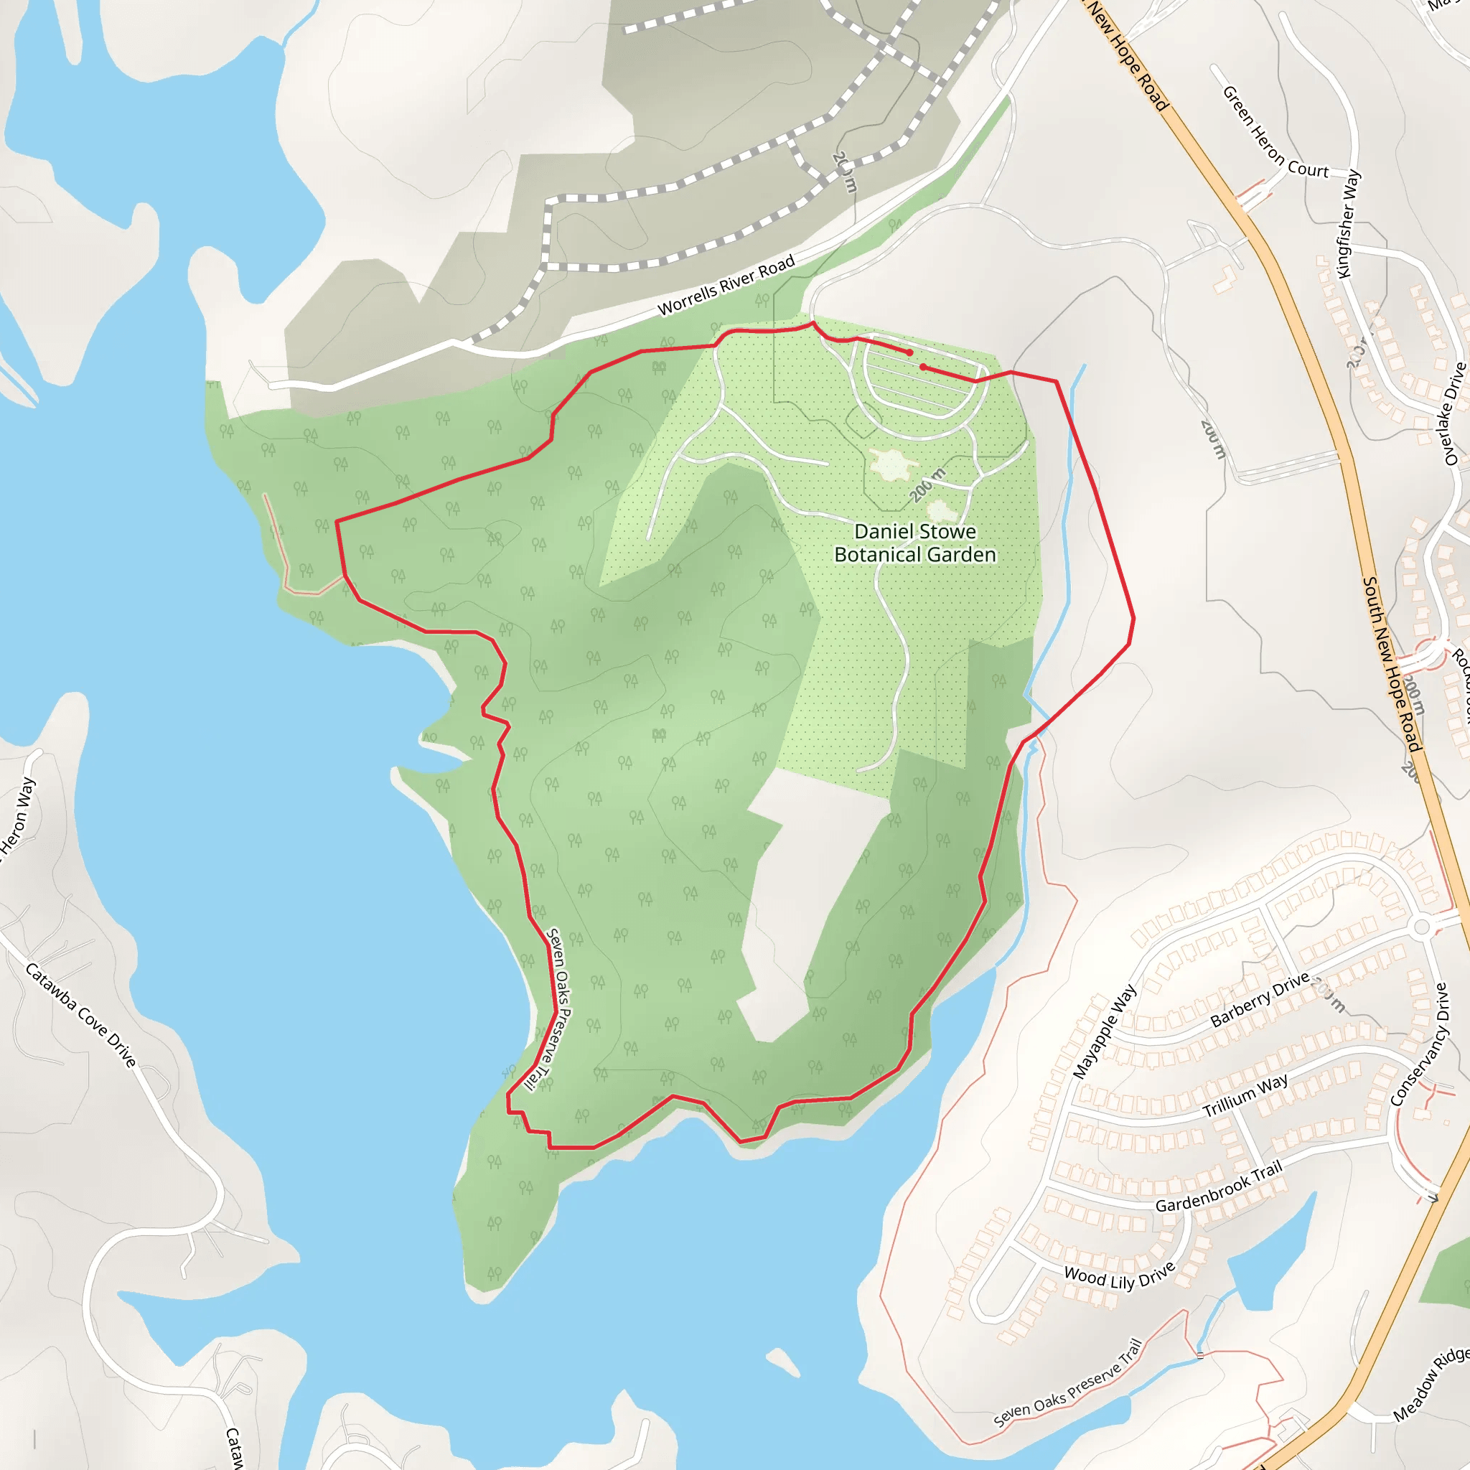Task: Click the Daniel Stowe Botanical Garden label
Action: [x=914, y=543]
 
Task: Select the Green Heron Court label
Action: [x=1275, y=134]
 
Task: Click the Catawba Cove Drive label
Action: [x=80, y=1015]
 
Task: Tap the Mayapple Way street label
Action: [x=1104, y=1031]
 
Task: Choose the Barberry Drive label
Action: [x=1259, y=999]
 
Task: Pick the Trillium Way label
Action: [x=1245, y=1095]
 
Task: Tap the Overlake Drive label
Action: [x=1454, y=414]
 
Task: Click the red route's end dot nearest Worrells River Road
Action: [x=909, y=352]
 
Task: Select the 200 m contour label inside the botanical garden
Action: [x=927, y=484]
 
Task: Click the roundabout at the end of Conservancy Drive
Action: [x=1421, y=927]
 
